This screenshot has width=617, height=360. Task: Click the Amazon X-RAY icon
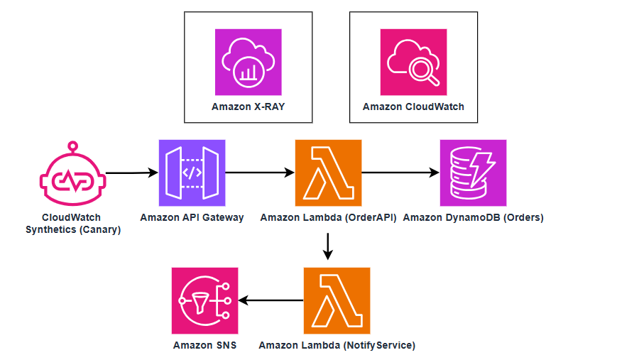pyautogui.click(x=248, y=62)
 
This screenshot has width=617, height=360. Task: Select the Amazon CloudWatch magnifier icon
pyautogui.click(x=413, y=62)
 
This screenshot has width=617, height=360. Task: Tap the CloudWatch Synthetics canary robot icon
pyautogui.click(x=71, y=173)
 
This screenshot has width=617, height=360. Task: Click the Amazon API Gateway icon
pyautogui.click(x=192, y=173)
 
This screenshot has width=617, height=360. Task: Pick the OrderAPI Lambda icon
pyautogui.click(x=328, y=173)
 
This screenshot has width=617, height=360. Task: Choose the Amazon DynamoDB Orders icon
pyautogui.click(x=473, y=173)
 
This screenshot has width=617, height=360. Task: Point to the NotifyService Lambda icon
pyautogui.click(x=337, y=300)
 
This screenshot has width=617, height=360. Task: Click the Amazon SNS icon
pyautogui.click(x=204, y=300)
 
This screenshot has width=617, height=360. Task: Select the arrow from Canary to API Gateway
pyautogui.click(x=131, y=173)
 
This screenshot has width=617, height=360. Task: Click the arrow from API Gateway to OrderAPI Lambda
pyautogui.click(x=259, y=173)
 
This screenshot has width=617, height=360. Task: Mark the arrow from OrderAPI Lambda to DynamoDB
pyautogui.click(x=400, y=173)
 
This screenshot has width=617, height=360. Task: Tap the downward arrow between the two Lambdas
pyautogui.click(x=327, y=246)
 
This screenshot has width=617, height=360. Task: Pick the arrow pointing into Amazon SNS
pyautogui.click(x=271, y=300)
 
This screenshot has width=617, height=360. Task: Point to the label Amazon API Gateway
pyautogui.click(x=192, y=217)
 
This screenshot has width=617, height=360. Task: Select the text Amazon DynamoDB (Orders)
pyautogui.click(x=473, y=217)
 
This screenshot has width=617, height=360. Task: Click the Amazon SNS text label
pyautogui.click(x=204, y=345)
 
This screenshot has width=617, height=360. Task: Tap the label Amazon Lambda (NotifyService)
pyautogui.click(x=337, y=345)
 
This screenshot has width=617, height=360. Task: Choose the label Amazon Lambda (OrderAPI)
pyautogui.click(x=327, y=217)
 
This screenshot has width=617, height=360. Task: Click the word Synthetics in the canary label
pyautogui.click(x=51, y=229)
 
